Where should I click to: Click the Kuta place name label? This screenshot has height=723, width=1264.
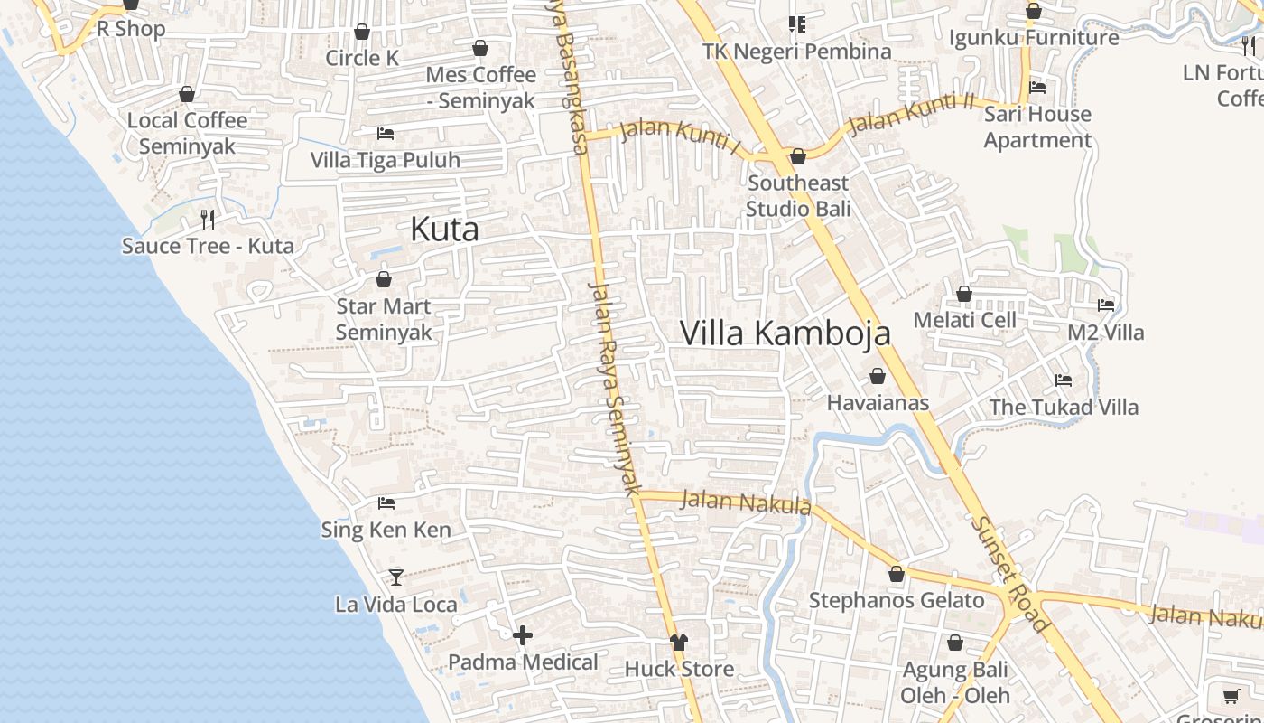tap(444, 230)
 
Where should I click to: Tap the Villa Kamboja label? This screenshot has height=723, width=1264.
tap(785, 333)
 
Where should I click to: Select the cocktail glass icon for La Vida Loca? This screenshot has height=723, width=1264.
tap(395, 577)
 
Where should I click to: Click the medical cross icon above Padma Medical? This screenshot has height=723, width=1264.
tap(523, 635)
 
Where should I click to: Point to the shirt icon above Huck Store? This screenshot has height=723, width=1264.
tap(679, 642)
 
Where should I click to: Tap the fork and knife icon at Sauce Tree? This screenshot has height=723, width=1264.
tap(208, 219)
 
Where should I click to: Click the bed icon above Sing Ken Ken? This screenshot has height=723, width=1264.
tap(386, 502)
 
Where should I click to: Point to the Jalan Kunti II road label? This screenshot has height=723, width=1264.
tap(912, 112)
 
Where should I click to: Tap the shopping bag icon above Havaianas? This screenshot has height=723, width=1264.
tap(878, 376)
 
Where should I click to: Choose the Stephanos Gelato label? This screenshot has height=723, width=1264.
tap(897, 600)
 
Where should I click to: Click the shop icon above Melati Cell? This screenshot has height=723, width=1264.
tap(964, 294)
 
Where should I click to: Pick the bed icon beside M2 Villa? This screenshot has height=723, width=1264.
tap(1106, 305)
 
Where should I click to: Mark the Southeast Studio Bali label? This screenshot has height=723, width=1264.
tap(799, 196)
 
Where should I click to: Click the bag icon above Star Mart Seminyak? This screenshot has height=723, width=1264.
tap(384, 279)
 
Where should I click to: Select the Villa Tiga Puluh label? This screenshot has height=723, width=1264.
tap(386, 160)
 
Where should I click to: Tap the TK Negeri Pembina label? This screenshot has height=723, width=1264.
tap(797, 52)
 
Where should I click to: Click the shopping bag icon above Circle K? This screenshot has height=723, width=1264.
tap(362, 32)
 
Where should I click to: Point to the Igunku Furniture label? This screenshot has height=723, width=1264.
tap(1034, 38)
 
